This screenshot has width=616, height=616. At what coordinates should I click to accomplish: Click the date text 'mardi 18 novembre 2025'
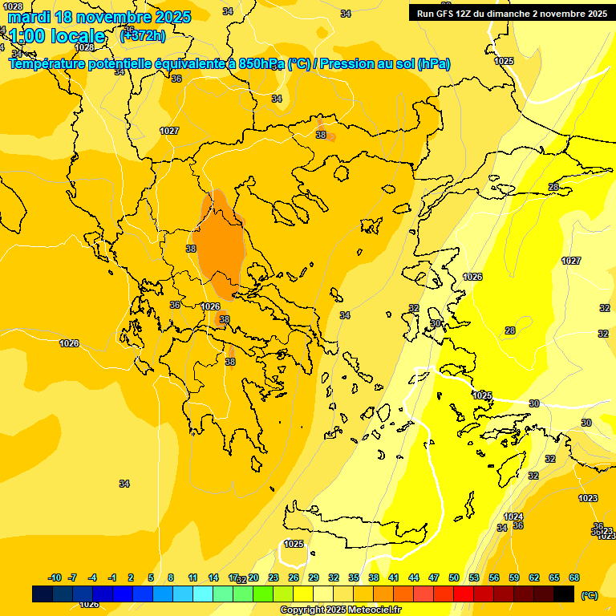coord(99,17)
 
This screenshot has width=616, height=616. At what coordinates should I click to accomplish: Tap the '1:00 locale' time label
coord(57,36)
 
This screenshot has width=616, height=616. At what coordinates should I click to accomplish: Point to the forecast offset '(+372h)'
coord(143,35)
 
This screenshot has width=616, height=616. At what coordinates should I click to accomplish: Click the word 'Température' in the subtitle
coord(47,64)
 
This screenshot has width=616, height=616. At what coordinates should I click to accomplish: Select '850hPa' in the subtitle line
coord(262,64)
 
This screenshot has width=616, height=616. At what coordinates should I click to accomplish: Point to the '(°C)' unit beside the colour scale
coord(590,595)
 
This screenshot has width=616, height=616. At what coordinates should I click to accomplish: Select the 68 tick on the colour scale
coord(574,577)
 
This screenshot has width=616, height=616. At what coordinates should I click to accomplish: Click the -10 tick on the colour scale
coord(55,577)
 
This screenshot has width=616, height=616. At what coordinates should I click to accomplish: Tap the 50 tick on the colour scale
coord(454,577)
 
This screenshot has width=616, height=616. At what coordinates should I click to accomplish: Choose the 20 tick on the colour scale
coord(253,577)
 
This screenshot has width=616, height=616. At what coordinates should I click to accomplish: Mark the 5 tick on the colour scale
coord(151,577)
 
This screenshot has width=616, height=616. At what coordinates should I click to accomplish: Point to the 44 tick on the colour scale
coord(414,577)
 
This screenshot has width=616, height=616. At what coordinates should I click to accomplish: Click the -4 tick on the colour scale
coord(92,577)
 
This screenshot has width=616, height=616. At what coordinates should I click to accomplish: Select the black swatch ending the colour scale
coord(564,594)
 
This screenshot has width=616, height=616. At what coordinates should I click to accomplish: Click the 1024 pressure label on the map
coord(513,517)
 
